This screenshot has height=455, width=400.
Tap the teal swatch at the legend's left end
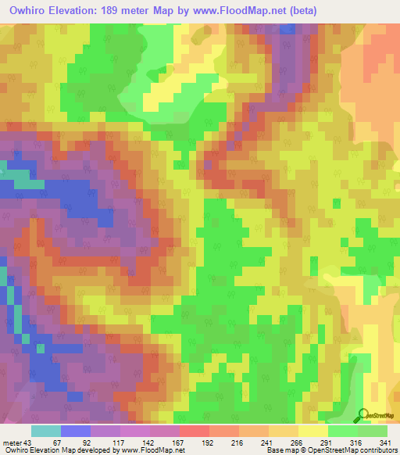click(45, 431)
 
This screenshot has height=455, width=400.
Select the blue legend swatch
click(75, 431)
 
